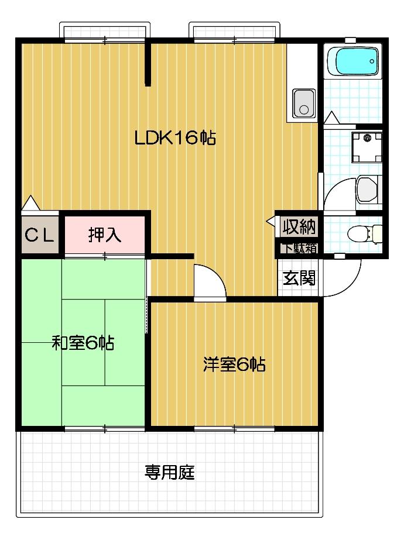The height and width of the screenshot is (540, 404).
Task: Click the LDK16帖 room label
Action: [175, 138]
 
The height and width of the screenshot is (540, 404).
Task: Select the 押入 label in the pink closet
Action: [104, 235]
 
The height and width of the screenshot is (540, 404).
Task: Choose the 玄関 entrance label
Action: [299, 277]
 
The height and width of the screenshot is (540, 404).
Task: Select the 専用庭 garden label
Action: [170, 472]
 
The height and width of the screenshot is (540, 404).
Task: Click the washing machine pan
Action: [367, 146]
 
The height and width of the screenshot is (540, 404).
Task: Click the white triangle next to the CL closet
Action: [30, 203]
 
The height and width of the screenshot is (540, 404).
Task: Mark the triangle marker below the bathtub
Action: [332, 118]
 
